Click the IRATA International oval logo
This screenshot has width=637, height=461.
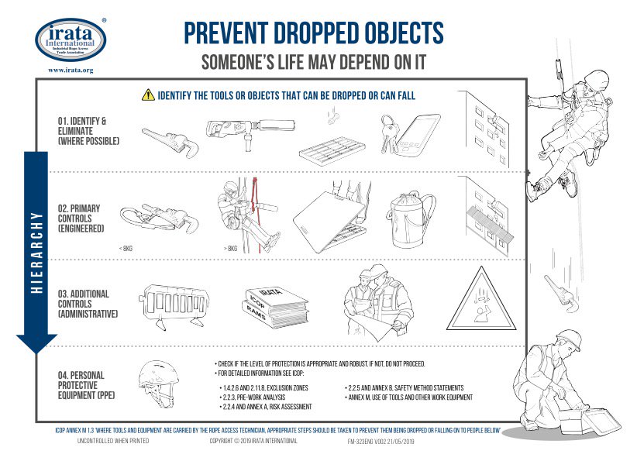71,39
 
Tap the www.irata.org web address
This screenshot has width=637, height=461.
71,70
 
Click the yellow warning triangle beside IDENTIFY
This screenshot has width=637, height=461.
147,95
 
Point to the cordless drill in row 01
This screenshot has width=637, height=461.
241,132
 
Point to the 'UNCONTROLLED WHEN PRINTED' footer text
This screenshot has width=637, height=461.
113,440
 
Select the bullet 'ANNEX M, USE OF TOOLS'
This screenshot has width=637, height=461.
409,397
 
